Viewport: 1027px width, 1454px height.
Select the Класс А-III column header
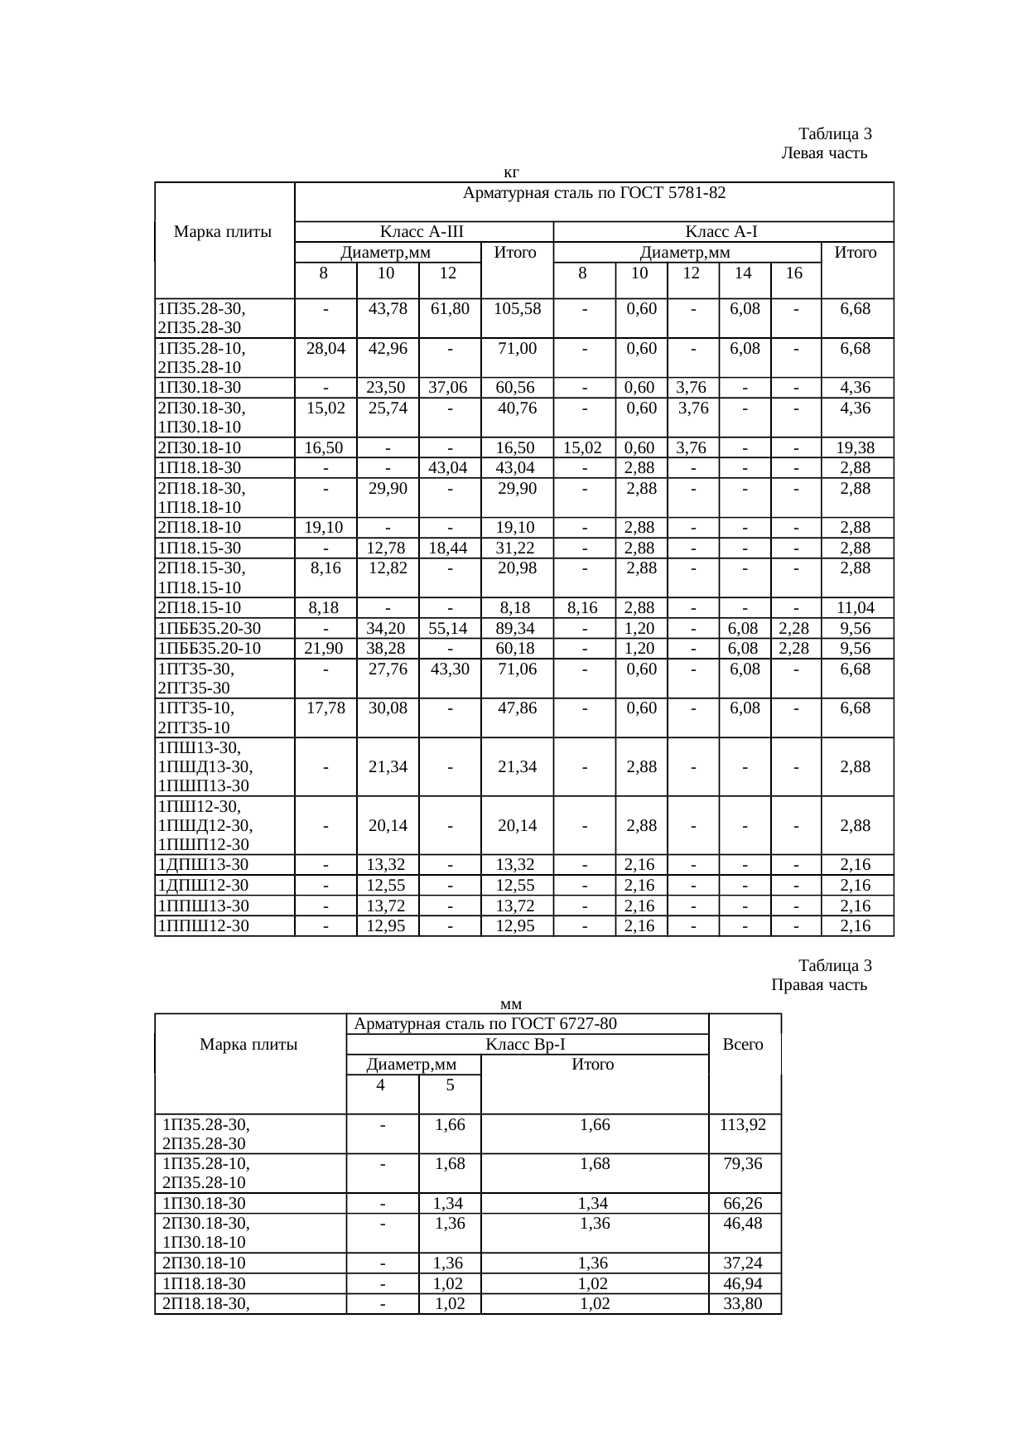click(422, 232)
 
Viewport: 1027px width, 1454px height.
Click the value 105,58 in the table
click(517, 309)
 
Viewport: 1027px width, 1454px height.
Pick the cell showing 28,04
click(325, 349)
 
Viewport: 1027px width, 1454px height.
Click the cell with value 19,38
click(855, 448)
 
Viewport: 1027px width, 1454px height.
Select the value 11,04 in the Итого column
click(855, 608)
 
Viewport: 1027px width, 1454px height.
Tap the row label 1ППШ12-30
click(203, 926)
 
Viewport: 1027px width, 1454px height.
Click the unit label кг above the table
click(511, 172)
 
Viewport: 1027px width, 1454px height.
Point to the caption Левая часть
click(824, 153)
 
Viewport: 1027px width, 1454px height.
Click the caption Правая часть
click(819, 985)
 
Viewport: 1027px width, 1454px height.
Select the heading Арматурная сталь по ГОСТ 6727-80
click(485, 1024)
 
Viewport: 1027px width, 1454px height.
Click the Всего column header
click(743, 1045)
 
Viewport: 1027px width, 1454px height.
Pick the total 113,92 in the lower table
click(743, 1125)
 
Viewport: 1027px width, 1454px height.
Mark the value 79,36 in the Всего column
click(743, 1164)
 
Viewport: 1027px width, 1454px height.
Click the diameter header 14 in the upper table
click(744, 273)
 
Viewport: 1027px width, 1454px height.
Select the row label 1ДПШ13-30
click(203, 865)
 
